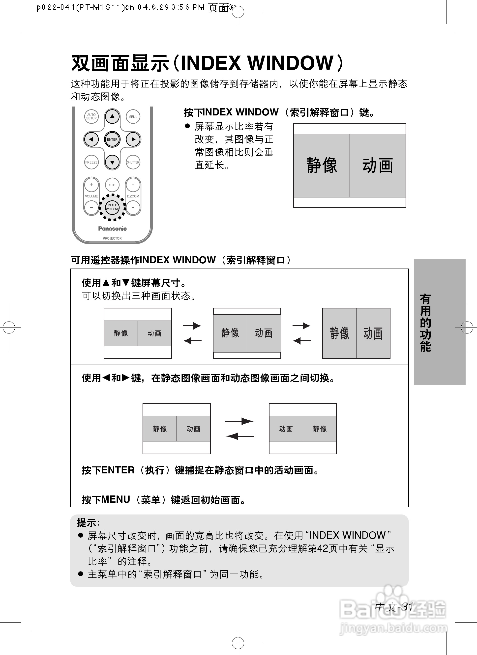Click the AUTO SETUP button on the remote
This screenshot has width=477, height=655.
(91, 117)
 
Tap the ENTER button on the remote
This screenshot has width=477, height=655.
(112, 139)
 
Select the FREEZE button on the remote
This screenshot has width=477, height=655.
(91, 162)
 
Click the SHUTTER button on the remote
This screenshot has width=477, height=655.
(133, 162)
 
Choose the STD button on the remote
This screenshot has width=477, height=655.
(112, 185)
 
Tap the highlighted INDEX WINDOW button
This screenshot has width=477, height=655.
(112, 207)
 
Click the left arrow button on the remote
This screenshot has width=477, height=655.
(91, 139)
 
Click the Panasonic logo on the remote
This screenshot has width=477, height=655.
(112, 229)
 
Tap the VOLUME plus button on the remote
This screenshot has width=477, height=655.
(91, 185)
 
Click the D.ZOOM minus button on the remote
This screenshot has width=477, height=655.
(133, 207)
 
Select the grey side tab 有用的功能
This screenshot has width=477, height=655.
(439, 322)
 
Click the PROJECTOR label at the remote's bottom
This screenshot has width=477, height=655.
(112, 239)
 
